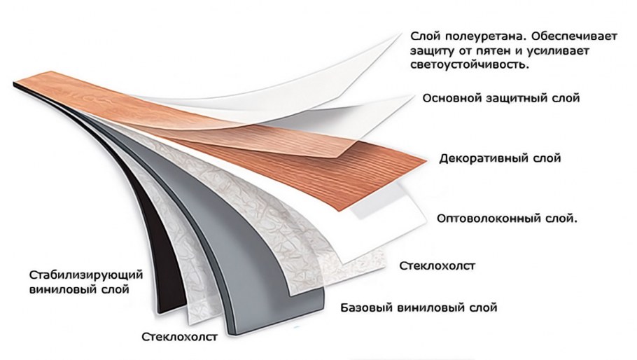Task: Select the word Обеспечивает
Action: (574, 36)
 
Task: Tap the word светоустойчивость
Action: (470, 64)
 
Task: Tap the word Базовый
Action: (366, 307)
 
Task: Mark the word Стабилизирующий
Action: (86, 275)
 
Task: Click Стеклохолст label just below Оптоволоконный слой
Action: (437, 265)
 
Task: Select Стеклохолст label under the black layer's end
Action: (179, 337)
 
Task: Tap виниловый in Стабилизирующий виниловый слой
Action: (63, 290)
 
